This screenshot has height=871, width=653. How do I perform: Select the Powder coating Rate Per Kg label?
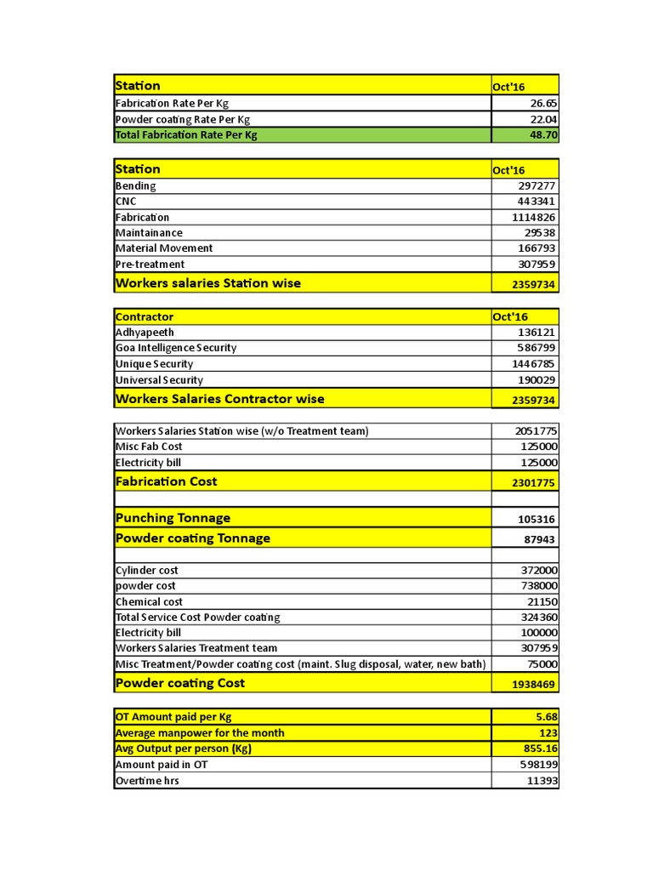pos(183,120)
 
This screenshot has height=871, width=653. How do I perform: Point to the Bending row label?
pos(136,185)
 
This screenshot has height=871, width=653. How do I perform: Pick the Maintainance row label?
pos(149,233)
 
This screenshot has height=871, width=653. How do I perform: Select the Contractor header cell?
pos(145,316)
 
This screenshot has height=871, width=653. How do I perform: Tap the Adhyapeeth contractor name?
pos(145,333)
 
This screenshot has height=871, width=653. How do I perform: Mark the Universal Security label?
pos(159,380)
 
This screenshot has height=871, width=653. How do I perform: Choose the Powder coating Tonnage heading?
pos(193,538)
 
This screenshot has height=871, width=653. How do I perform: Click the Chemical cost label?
pos(149,601)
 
